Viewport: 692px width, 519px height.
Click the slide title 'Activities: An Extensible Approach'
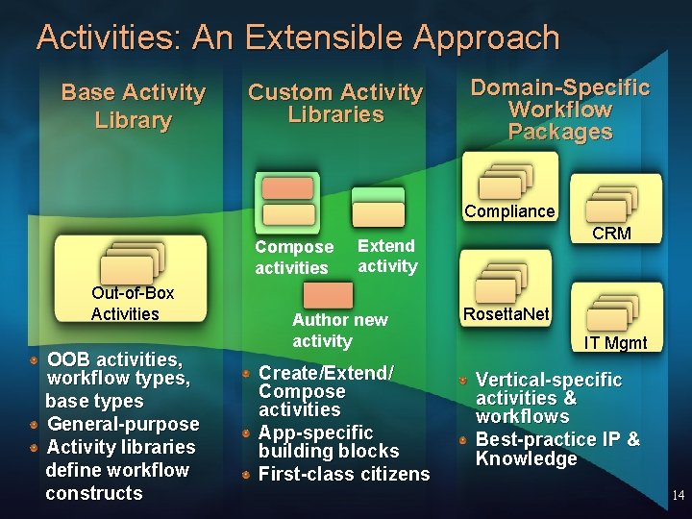click(298, 38)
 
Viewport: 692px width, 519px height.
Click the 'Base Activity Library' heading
click(133, 107)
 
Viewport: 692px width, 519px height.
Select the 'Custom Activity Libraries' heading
click(335, 104)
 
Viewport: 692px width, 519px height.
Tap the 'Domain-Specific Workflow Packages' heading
click(559, 111)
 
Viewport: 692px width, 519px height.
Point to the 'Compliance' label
click(509, 211)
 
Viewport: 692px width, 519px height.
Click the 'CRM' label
click(611, 234)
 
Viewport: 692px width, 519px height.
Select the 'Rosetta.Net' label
click(506, 314)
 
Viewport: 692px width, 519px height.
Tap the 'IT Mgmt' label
click(616, 343)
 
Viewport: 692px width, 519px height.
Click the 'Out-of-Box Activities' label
click(125, 303)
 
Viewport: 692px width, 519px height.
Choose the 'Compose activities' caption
click(293, 258)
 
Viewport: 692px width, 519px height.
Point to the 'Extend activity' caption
click(387, 256)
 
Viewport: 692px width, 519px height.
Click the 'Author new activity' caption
click(339, 330)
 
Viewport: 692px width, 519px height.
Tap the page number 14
click(678, 496)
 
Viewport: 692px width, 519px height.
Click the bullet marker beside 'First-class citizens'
click(247, 474)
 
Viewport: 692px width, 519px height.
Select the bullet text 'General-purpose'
click(123, 424)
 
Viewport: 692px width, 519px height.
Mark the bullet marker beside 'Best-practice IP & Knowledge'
click(463, 439)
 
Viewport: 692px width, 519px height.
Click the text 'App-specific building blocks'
click(328, 441)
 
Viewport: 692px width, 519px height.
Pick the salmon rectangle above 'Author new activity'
click(328, 293)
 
